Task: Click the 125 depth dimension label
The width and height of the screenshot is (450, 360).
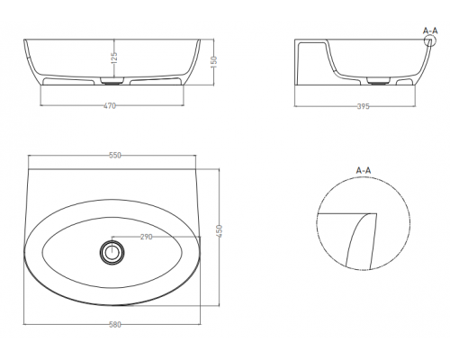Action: (x=114, y=58)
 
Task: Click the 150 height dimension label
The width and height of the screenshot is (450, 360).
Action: (x=214, y=62)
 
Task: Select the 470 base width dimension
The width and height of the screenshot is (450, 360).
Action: (x=110, y=105)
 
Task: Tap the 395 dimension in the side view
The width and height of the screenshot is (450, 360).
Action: (x=364, y=106)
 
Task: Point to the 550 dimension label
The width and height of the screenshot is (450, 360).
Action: (x=115, y=156)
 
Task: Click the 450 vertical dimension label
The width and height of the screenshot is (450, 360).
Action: (x=220, y=231)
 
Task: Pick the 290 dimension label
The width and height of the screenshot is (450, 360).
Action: (x=147, y=237)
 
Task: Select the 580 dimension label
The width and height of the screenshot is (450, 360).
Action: (x=115, y=325)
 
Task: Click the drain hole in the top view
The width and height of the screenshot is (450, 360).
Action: (x=112, y=252)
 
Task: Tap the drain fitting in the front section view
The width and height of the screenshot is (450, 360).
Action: (x=112, y=81)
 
